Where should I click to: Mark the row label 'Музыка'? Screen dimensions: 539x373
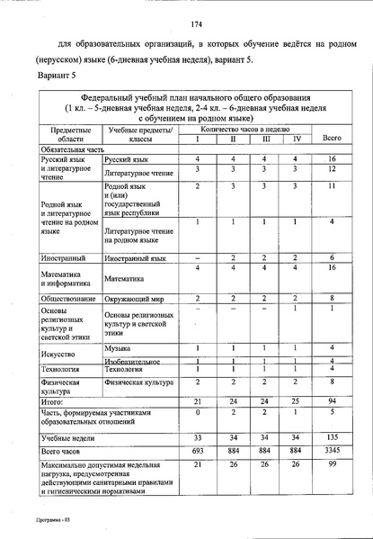[117, 347]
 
